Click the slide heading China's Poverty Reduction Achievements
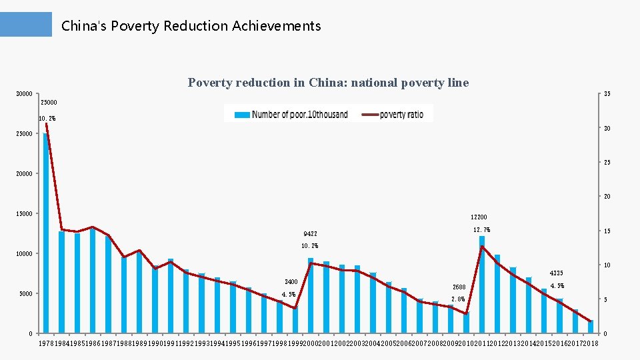click(x=191, y=26)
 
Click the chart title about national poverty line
click(x=328, y=83)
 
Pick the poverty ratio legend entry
click(x=393, y=114)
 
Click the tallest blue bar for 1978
click(x=46, y=233)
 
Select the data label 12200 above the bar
click(x=479, y=217)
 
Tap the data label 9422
click(x=310, y=235)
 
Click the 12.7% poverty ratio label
click(x=482, y=230)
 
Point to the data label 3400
click(x=291, y=282)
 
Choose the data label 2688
click(x=459, y=287)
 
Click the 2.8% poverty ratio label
click(x=458, y=299)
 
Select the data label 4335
click(x=557, y=273)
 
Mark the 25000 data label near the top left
click(x=49, y=103)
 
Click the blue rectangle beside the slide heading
click(x=26, y=25)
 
